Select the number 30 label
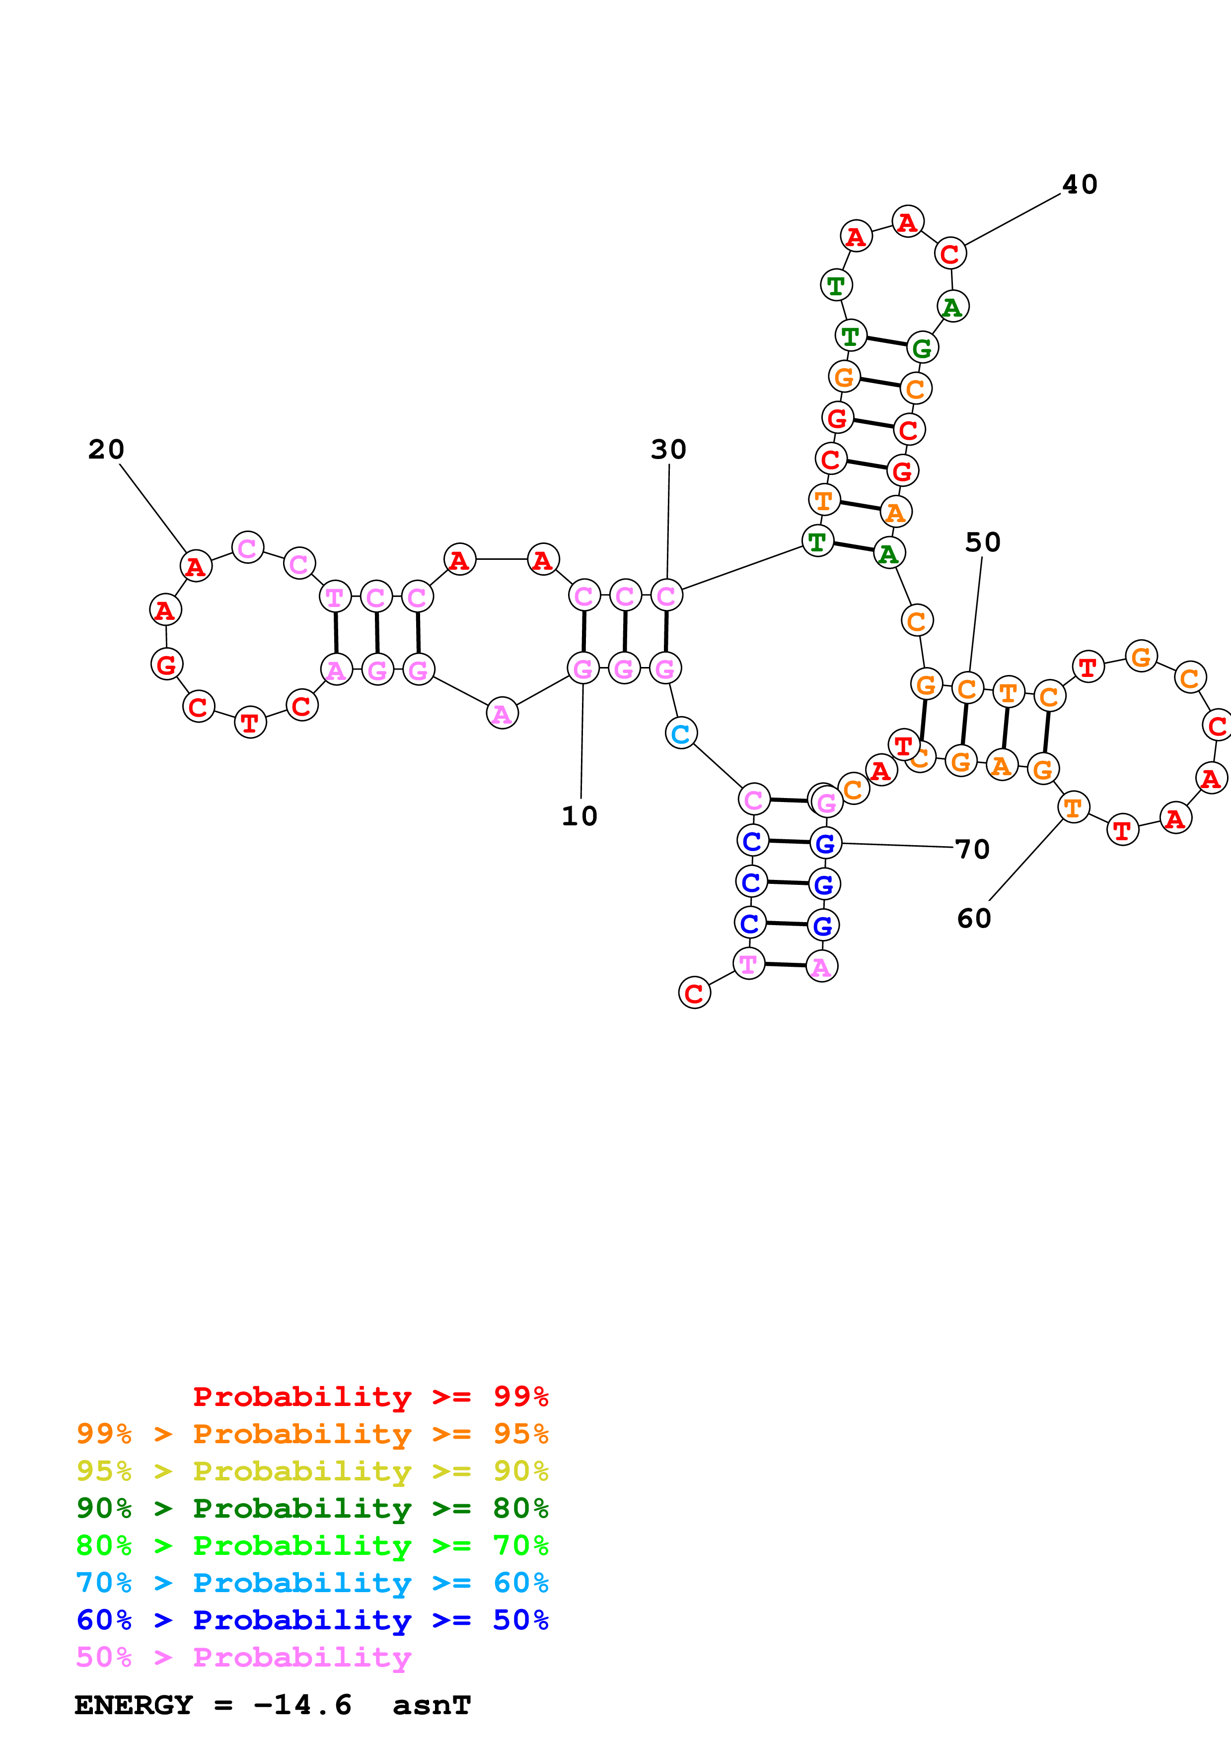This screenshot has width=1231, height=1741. point(668,450)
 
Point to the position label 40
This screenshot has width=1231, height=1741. point(1080,184)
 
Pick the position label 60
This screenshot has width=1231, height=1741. point(974,918)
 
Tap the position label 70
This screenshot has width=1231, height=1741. point(972,849)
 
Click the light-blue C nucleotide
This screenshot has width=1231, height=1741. point(681,733)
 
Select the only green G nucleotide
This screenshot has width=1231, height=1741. point(922,348)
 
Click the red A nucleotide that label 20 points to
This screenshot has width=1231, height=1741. point(196,566)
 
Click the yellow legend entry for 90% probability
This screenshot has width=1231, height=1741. point(312,1471)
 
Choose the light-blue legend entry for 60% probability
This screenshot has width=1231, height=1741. point(312,1583)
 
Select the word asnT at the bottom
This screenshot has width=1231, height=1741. point(432,1705)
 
